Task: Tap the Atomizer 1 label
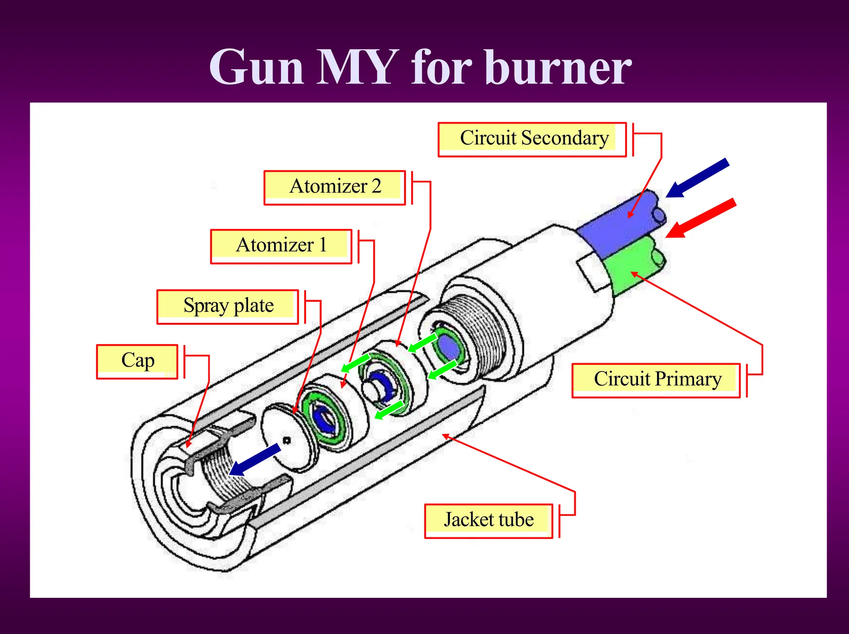click(281, 246)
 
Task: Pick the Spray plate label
click(228, 306)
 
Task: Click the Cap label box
click(137, 361)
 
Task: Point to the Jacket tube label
click(488, 520)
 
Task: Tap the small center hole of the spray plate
click(286, 440)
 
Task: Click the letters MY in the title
click(357, 68)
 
